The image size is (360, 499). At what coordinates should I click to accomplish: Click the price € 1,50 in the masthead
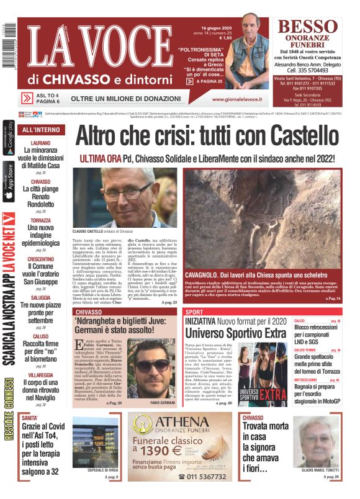point(222,38)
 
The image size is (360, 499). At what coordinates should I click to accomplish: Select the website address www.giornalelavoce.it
point(239,99)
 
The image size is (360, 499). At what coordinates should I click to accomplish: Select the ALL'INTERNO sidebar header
point(41,130)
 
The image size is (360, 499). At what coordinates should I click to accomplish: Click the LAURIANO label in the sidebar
point(40,143)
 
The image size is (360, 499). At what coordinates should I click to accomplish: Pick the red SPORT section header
point(194,312)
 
